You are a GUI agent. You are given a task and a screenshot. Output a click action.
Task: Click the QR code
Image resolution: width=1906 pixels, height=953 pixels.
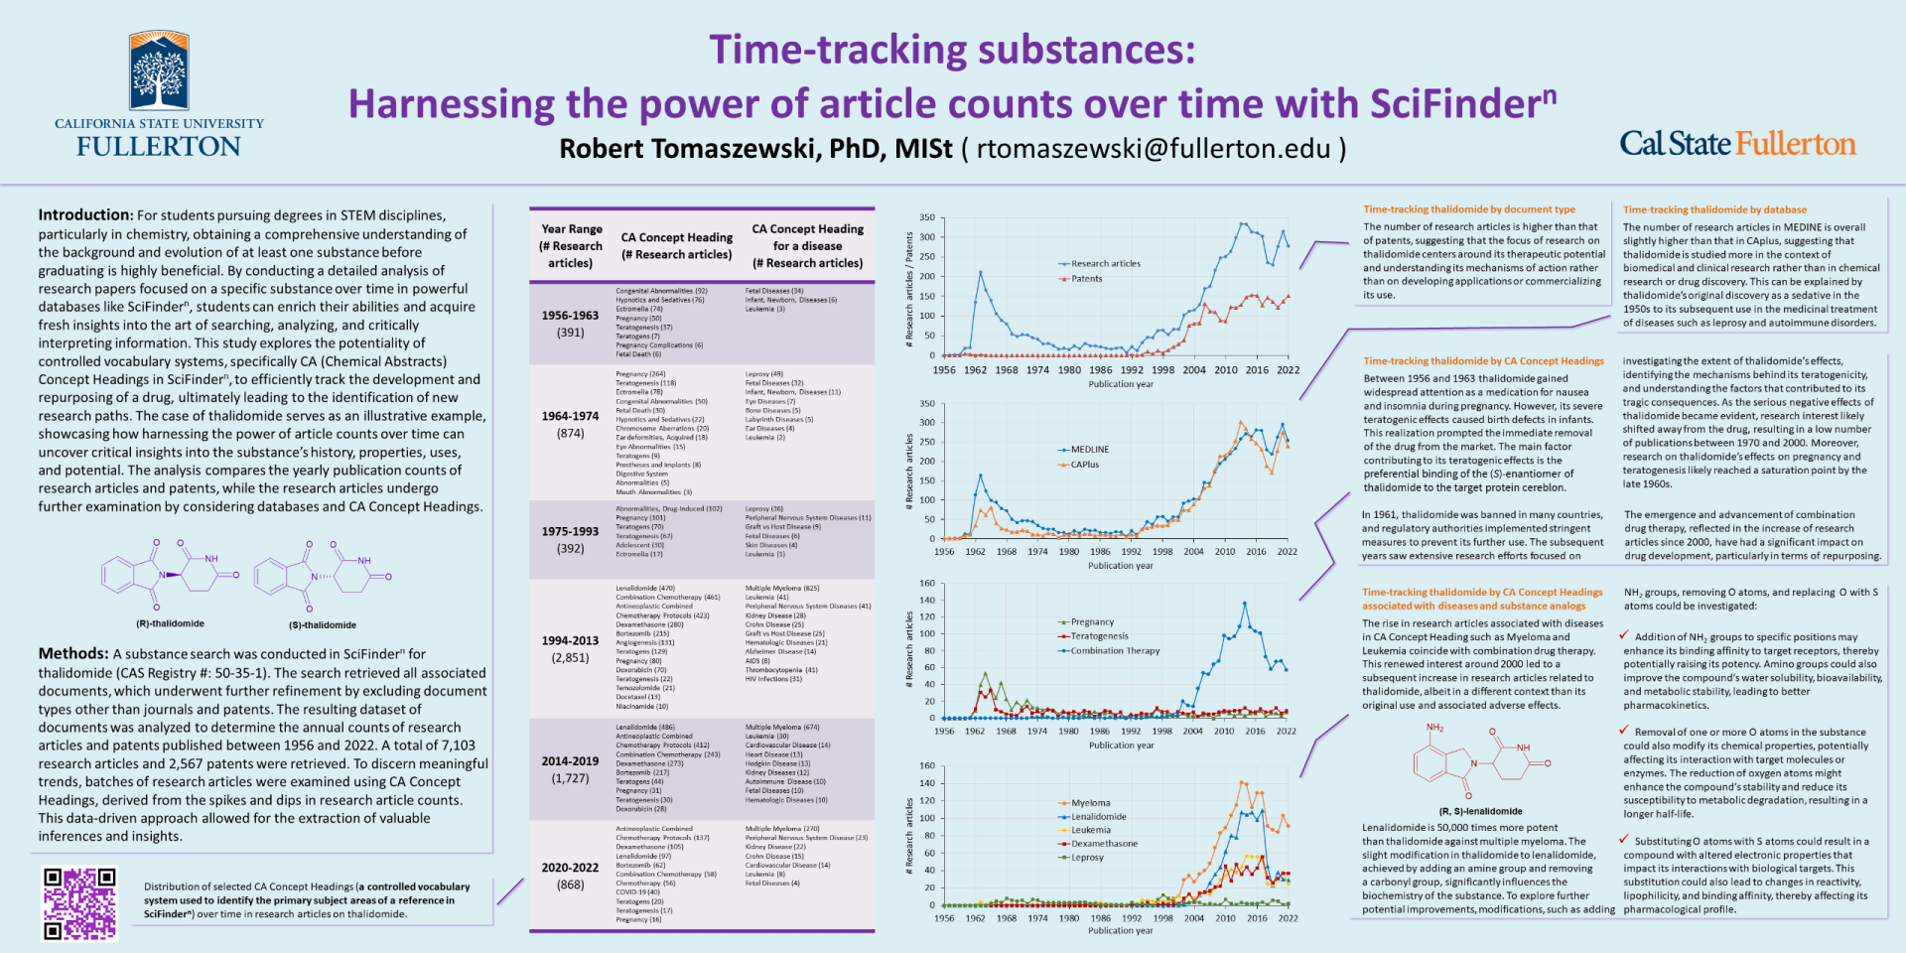pyautogui.click(x=78, y=903)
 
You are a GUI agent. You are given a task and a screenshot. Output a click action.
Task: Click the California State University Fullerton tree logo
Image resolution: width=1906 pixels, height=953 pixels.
pyautogui.click(x=159, y=71)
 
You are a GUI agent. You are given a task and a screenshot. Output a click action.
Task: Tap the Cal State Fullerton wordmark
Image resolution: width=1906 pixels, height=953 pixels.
pyautogui.click(x=1737, y=144)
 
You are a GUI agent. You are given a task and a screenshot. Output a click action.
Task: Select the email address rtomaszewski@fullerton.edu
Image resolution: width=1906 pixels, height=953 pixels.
pyautogui.click(x=1154, y=149)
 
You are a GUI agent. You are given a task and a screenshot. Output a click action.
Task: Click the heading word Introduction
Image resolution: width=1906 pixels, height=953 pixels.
pyautogui.click(x=85, y=215)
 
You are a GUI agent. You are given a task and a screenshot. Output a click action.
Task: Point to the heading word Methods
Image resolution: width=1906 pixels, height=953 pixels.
pyautogui.click(x=73, y=653)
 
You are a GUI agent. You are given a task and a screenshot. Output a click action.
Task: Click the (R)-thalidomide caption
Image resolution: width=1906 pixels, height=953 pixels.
pyautogui.click(x=170, y=623)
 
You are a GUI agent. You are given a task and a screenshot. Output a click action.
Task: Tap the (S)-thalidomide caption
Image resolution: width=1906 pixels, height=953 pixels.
pyautogui.click(x=323, y=624)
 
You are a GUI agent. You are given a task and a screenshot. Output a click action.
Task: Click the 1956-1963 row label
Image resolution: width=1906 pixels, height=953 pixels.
pyautogui.click(x=570, y=316)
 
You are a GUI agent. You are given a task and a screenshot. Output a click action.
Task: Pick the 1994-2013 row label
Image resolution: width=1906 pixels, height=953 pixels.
pyautogui.click(x=570, y=640)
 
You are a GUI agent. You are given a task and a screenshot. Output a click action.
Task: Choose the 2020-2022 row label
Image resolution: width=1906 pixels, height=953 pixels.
pyautogui.click(x=570, y=868)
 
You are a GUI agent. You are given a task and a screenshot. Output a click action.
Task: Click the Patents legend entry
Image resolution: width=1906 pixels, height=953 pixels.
pyautogui.click(x=1086, y=279)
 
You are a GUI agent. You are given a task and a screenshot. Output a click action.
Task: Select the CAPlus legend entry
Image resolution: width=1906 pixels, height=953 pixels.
pyautogui.click(x=1084, y=465)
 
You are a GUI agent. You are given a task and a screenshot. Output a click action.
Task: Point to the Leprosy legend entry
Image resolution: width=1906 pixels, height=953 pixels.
pyautogui.click(x=1087, y=857)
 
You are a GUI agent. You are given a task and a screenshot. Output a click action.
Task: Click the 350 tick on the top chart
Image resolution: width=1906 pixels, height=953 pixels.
pyautogui.click(x=926, y=217)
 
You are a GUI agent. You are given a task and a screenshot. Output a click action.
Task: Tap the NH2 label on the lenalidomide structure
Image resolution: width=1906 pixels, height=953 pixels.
pyautogui.click(x=1434, y=728)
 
